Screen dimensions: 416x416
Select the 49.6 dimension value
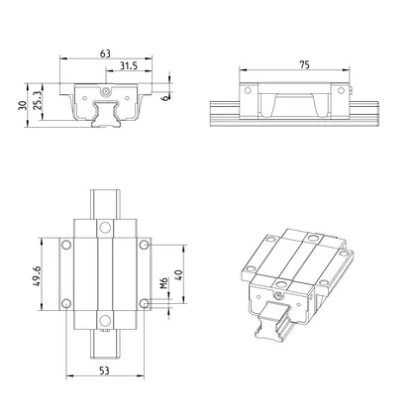point(35,273)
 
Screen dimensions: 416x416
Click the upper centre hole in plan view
point(105,228)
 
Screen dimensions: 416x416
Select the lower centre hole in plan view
point(105,320)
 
